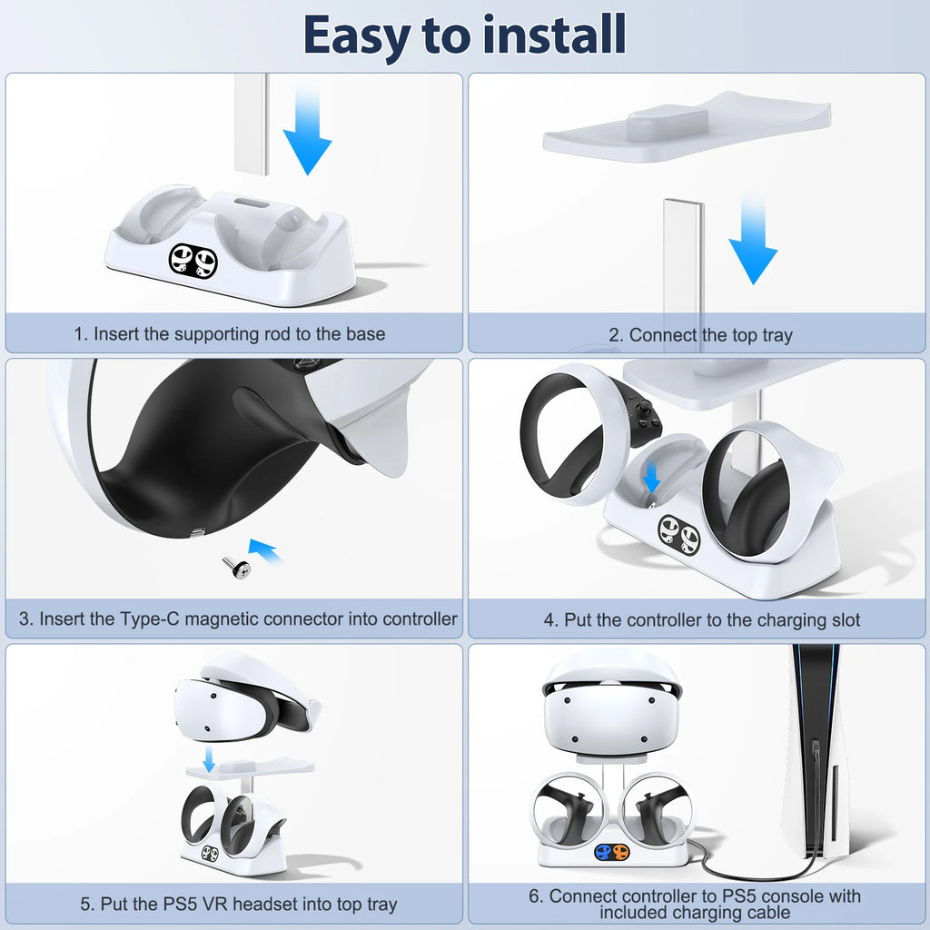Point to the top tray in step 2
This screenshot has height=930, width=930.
tap(688, 126)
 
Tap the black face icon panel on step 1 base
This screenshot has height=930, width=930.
tap(193, 260)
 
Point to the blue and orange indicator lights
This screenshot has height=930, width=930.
tap(613, 852)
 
